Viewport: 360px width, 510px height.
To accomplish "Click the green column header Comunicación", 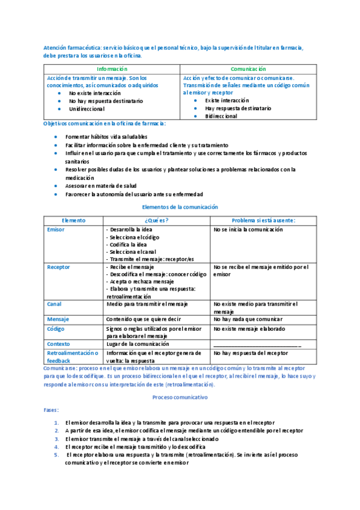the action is pos(248,70).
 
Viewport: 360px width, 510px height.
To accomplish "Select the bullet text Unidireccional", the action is pos(87,109).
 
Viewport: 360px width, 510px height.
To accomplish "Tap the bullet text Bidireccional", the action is pos(221,116).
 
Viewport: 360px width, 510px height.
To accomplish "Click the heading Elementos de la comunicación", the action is pos(180,207).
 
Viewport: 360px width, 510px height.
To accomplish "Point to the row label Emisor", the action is pos(55,230).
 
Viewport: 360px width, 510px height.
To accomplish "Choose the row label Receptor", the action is pos(58,266).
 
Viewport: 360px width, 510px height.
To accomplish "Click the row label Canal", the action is pos(54,304).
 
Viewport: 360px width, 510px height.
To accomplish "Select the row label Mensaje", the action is pos(58,319).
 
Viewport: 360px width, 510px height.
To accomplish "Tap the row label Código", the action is pos(56,329).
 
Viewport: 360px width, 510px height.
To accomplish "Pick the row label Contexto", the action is pos(58,343).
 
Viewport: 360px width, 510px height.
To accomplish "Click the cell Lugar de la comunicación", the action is pos(139,343).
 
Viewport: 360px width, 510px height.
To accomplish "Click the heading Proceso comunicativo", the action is pos(180,398).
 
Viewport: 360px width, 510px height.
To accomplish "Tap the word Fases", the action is pos(52,410).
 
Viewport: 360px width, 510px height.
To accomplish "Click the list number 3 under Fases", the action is pos(56,439).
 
